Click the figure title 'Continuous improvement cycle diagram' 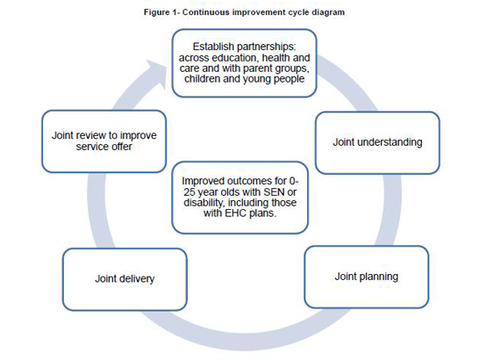pyautogui.click(x=264, y=12)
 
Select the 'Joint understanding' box pyautogui.click(x=377, y=143)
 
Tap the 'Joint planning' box pyautogui.click(x=367, y=277)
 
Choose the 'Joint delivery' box pyautogui.click(x=125, y=279)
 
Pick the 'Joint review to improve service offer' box pyautogui.click(x=104, y=141)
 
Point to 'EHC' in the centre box pyautogui.click(x=235, y=212)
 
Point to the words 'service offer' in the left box pyautogui.click(x=104, y=147)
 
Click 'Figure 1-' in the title pyautogui.click(x=162, y=12)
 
